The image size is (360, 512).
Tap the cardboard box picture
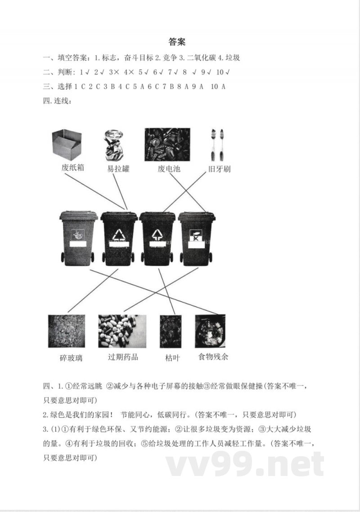click(67, 145)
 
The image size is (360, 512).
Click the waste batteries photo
click(167, 145)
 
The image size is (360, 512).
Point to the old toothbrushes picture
click(217, 145)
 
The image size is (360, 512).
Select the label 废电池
click(169, 169)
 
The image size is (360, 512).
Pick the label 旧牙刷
click(219, 170)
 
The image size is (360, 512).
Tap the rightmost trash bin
click(196, 238)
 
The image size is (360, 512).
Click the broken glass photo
click(66, 331)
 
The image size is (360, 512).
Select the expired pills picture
click(122, 331)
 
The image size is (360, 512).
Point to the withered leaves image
click(171, 331)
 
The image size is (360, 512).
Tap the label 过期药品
click(122, 357)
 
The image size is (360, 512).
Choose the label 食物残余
click(213, 357)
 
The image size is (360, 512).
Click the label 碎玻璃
click(71, 358)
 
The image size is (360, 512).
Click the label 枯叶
click(172, 358)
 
